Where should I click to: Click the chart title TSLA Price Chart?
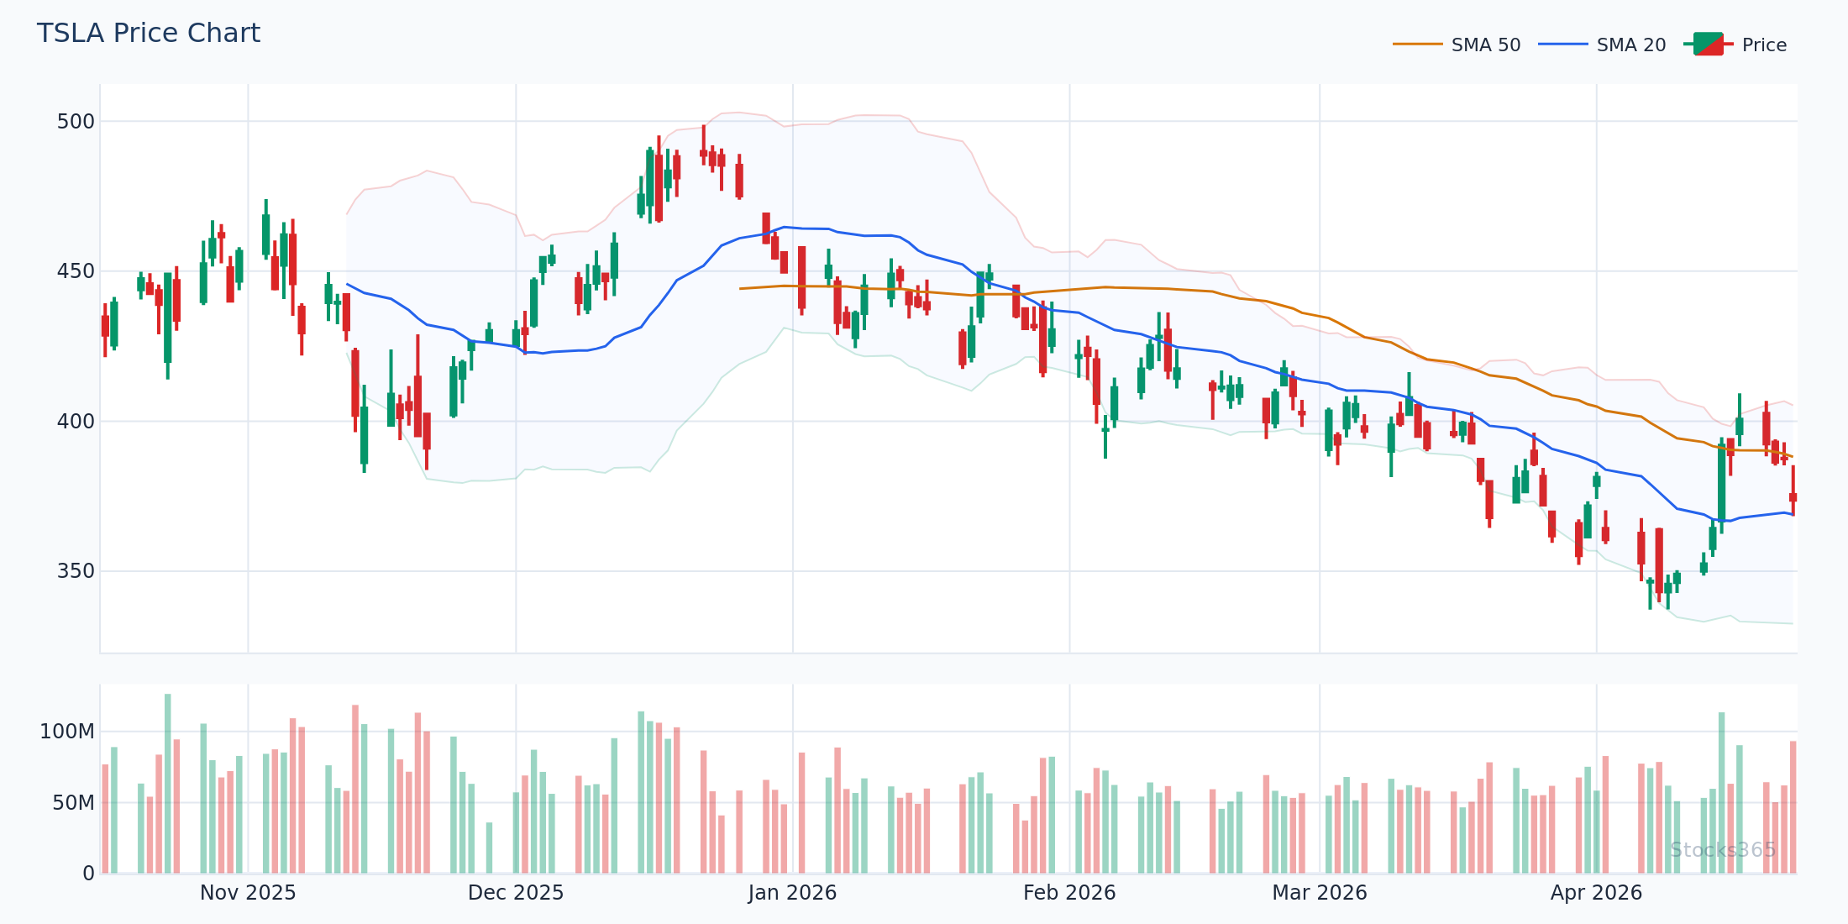click(149, 34)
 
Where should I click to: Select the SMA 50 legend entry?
click(1485, 45)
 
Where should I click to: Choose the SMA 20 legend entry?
click(1630, 45)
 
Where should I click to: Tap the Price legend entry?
click(1763, 45)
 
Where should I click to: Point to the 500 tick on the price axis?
click(76, 122)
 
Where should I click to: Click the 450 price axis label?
click(76, 271)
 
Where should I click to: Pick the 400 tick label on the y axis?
click(76, 422)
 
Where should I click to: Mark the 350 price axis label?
click(76, 571)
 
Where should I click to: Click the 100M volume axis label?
click(67, 732)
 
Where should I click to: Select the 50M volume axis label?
click(73, 803)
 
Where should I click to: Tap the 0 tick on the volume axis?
click(88, 874)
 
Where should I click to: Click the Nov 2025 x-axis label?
click(248, 893)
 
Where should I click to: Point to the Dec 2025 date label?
click(516, 893)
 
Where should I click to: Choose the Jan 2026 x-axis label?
click(792, 893)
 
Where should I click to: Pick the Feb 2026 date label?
click(1069, 893)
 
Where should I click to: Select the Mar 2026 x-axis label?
click(1320, 893)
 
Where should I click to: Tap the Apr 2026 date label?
click(1596, 893)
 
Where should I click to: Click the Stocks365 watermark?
click(1723, 850)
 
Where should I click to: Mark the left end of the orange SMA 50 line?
click(740, 289)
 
